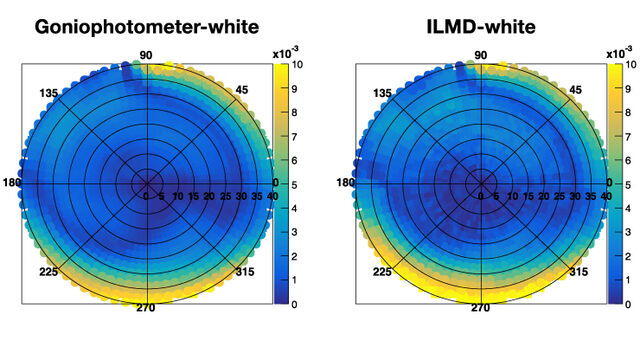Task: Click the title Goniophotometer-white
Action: [x=147, y=27]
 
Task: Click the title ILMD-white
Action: [x=482, y=27]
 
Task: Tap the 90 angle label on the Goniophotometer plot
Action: [x=146, y=55]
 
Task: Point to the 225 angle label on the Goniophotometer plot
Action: [x=46, y=272]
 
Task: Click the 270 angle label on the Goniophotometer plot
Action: [x=146, y=308]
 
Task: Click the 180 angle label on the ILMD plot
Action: [x=345, y=183]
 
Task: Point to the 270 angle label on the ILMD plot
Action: [x=481, y=308]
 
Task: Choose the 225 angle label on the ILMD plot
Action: [x=381, y=272]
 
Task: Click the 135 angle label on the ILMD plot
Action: [x=381, y=93]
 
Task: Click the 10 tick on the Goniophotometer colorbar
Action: [x=297, y=64]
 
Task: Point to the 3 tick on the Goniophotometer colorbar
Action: [x=295, y=232]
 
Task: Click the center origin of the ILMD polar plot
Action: [x=481, y=183]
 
